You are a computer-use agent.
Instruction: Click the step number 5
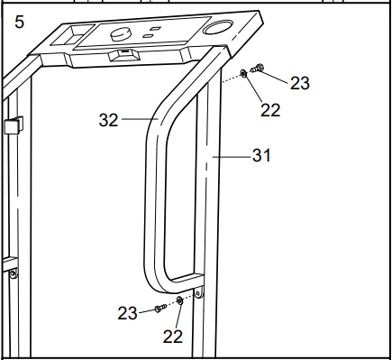19,23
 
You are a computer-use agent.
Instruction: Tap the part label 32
108,120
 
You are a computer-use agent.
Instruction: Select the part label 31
261,155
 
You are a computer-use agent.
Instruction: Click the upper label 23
299,83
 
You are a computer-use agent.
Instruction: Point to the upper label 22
270,110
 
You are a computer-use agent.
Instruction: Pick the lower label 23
127,313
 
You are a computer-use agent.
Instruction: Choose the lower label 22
173,337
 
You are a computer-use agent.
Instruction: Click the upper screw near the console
257,69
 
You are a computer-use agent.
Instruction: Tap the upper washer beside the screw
243,73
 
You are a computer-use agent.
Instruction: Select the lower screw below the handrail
160,308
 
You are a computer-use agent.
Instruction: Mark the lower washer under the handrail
179,300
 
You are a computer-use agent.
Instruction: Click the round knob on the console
121,34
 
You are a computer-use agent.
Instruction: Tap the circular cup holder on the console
217,27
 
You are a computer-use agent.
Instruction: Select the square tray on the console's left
73,35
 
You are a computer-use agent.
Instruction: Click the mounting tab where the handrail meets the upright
198,292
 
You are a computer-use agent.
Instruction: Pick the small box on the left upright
14,125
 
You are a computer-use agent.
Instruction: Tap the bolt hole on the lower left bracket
13,273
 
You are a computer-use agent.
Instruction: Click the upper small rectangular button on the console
156,29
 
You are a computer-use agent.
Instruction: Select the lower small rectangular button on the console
148,36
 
